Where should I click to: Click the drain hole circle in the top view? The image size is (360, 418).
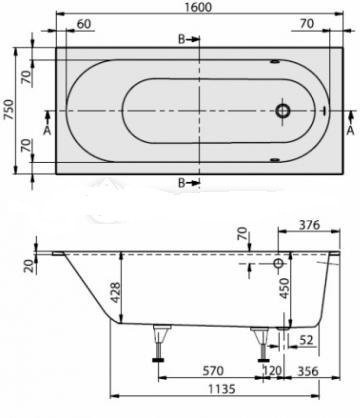[285, 111]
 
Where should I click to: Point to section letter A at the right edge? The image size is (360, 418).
[350, 128]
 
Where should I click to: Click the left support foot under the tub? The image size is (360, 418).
[158, 342]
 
